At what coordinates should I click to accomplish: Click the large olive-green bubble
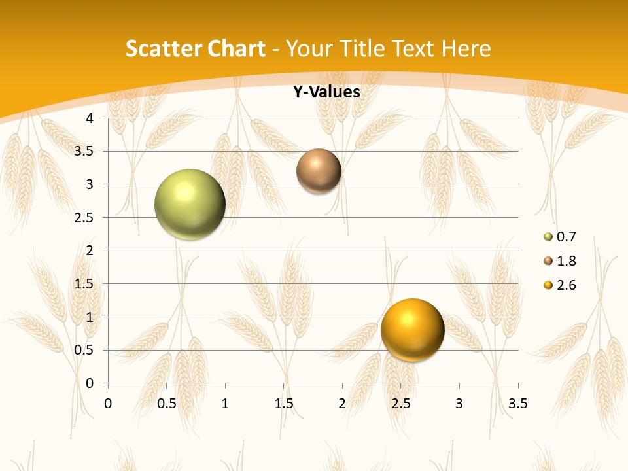pyautogui.click(x=190, y=204)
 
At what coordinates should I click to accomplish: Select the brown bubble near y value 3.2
pyautogui.click(x=319, y=171)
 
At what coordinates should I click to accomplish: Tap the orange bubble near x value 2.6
pyautogui.click(x=412, y=330)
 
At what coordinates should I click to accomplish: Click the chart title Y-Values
pyautogui.click(x=326, y=92)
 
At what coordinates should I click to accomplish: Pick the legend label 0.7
pyautogui.click(x=566, y=237)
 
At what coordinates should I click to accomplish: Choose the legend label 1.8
pyautogui.click(x=566, y=261)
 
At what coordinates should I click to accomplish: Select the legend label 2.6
pyautogui.click(x=566, y=285)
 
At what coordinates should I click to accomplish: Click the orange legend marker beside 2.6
pyautogui.click(x=548, y=285)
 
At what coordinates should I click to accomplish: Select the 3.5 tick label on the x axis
pyautogui.click(x=517, y=403)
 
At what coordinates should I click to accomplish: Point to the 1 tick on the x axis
pyautogui.click(x=225, y=403)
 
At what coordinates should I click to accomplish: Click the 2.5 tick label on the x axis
pyautogui.click(x=400, y=403)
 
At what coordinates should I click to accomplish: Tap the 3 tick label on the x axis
pyautogui.click(x=459, y=403)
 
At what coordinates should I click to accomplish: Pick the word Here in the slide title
pyautogui.click(x=466, y=48)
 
